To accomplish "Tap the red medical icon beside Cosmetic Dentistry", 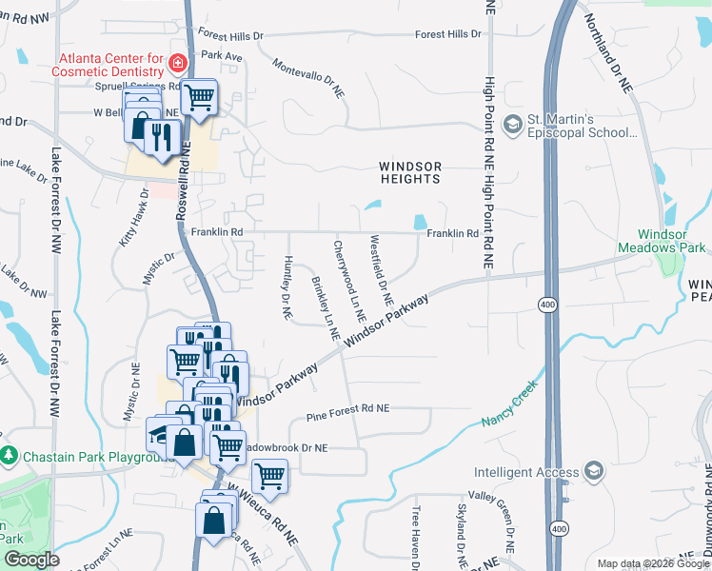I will click(x=176, y=64).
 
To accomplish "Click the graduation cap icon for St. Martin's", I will click(x=513, y=124).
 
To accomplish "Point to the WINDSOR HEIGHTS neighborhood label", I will click(x=411, y=172).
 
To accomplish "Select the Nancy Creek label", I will click(x=511, y=404).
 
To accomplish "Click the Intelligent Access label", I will click(x=526, y=472).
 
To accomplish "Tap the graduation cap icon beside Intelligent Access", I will click(x=594, y=471).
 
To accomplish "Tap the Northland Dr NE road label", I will click(x=608, y=53).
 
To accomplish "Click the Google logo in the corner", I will click(x=30, y=560).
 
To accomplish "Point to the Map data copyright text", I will click(x=653, y=563).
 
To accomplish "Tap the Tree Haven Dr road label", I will click(x=416, y=539).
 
